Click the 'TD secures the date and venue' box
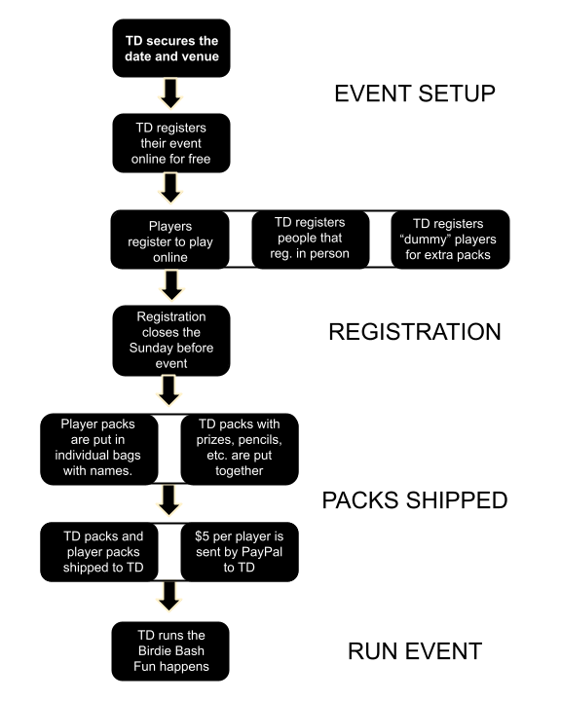[171, 49]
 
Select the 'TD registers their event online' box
[171, 143]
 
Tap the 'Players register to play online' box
[170, 240]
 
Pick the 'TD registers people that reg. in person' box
[311, 240]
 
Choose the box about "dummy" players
[450, 240]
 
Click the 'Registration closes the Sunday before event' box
[171, 341]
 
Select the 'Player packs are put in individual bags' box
[99, 449]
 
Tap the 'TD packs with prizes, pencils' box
[240, 449]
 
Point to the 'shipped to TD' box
[99, 552]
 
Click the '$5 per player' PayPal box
[240, 552]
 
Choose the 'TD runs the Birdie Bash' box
[170, 651]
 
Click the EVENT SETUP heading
[415, 93]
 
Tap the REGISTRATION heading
[415, 332]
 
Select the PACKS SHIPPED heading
[415, 499]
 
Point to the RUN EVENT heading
[415, 651]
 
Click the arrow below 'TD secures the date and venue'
[170, 93]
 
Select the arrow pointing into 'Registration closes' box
[171, 285]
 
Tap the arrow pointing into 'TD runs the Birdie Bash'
[169, 597]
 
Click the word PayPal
[263, 552]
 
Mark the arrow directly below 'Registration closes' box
[169, 390]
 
